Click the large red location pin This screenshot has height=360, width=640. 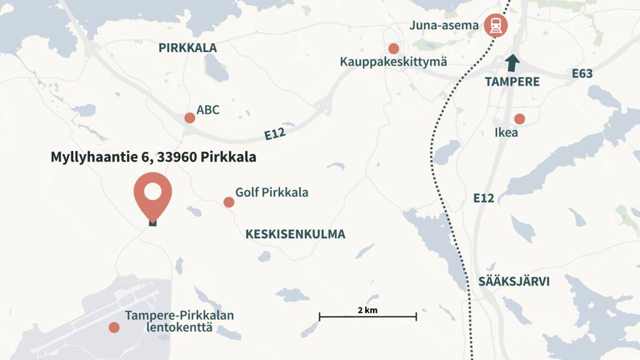tap(152, 193)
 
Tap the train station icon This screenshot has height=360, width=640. tap(496, 26)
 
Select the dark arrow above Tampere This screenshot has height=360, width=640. tap(512, 63)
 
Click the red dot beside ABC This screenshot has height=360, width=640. tap(189, 117)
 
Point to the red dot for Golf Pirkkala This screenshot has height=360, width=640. tap(229, 202)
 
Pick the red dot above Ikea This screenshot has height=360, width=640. tap(519, 119)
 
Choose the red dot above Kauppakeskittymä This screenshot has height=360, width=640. tap(393, 48)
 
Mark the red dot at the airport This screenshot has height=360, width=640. tap(114, 327)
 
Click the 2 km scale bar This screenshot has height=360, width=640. tap(367, 317)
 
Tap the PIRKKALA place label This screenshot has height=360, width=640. tap(187, 47)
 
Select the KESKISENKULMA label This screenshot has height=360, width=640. tap(295, 234)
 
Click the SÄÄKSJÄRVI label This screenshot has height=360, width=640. tap(514, 282)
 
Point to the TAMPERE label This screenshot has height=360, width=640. tap(512, 82)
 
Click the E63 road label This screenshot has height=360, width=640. tap(582, 74)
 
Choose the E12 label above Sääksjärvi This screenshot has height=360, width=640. tap(484, 198)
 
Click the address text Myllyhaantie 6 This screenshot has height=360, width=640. tap(153, 157)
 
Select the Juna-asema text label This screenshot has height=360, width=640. tap(444, 26)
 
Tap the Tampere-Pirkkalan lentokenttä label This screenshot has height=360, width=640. tap(179, 321)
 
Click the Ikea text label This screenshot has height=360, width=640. tap(506, 132)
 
